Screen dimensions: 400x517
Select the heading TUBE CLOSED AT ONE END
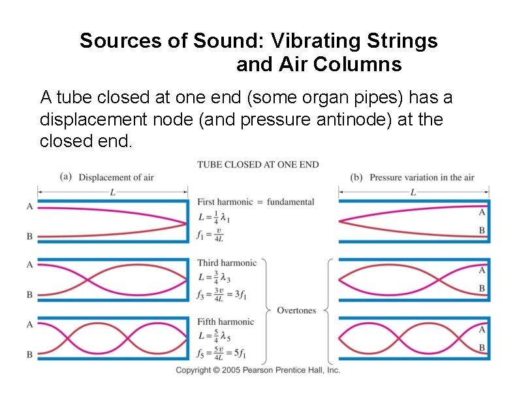[258, 165]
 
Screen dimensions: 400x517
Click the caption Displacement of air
[116, 177]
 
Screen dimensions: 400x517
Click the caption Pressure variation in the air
[422, 177]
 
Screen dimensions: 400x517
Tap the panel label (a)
[65, 176]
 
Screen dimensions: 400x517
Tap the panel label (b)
[356, 177]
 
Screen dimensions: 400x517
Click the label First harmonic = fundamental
[255, 202]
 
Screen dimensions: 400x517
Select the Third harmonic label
[227, 263]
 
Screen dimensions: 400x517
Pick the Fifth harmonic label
[225, 322]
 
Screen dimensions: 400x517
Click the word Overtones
[296, 310]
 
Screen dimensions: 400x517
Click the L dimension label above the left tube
[112, 192]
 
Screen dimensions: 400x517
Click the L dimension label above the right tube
[413, 192]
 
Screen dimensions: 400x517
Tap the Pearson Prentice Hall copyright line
[258, 371]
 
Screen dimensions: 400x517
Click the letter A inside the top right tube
[482, 212]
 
